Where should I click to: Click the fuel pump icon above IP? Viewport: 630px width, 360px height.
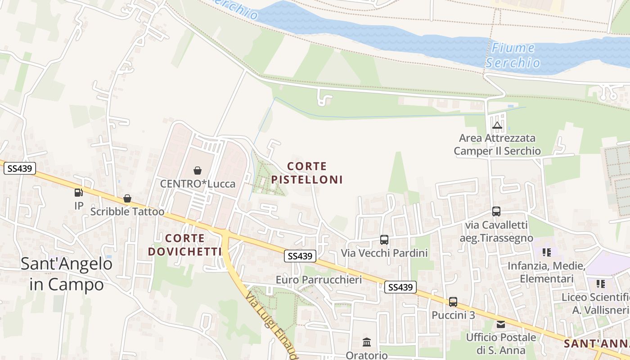[x=79, y=193]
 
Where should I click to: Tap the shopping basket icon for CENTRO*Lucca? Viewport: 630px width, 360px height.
[x=197, y=171]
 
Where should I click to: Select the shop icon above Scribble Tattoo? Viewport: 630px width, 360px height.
[x=127, y=198]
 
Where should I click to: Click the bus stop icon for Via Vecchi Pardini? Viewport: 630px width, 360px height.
[x=384, y=240]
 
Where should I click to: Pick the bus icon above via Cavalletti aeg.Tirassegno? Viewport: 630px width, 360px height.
[x=496, y=211]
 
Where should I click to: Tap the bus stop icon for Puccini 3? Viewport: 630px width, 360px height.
[x=453, y=302]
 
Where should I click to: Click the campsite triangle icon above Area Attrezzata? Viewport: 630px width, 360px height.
[x=497, y=125]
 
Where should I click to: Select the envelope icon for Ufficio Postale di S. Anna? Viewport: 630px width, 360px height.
[x=500, y=324]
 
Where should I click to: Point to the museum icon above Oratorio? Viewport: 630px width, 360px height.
[x=367, y=342]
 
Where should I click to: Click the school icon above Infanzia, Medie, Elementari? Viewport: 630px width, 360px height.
[x=547, y=252]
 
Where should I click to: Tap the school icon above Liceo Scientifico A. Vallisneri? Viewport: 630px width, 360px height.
[x=600, y=284]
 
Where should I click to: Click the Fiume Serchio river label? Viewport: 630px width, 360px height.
[x=513, y=55]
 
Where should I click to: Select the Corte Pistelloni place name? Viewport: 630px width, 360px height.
[x=307, y=173]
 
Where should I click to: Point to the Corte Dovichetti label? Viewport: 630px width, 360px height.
[x=185, y=245]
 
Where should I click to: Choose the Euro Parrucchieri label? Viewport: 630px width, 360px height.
[x=319, y=279]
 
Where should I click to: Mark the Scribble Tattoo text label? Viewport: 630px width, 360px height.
[x=127, y=211]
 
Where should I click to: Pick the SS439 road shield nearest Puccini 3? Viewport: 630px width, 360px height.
[x=400, y=287]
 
